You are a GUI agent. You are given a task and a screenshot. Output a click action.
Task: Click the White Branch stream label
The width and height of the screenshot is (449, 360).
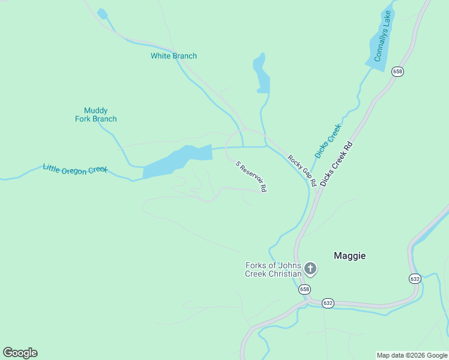click(x=173, y=56)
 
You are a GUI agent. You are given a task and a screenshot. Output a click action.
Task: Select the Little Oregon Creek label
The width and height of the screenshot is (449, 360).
click(x=74, y=169)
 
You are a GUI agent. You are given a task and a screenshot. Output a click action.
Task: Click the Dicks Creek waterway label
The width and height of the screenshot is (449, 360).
click(x=328, y=141)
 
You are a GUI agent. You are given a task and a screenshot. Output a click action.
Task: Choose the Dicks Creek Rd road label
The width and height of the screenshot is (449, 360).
click(x=336, y=163)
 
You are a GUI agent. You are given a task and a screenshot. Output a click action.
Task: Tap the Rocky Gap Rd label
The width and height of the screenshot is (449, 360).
click(x=301, y=170)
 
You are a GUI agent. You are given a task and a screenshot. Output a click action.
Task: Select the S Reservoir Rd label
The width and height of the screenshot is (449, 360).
click(x=251, y=176)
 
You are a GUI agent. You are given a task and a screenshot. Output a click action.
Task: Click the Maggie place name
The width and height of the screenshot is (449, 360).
click(x=349, y=256)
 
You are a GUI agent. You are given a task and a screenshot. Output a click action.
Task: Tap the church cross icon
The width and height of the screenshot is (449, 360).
click(x=310, y=268)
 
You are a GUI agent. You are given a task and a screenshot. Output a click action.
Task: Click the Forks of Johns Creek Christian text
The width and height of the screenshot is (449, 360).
click(x=273, y=269)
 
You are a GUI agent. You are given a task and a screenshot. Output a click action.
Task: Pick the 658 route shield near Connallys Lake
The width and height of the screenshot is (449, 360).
click(x=397, y=71)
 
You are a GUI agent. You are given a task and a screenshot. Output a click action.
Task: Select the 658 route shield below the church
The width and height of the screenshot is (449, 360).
click(x=305, y=289)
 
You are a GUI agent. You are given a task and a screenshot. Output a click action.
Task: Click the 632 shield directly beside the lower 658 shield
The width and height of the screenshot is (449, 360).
click(x=328, y=303)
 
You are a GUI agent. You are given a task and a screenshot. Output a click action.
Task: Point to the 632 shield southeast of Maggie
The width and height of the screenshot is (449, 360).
click(x=415, y=278)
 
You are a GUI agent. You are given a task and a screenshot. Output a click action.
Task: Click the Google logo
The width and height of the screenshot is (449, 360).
click(x=20, y=353)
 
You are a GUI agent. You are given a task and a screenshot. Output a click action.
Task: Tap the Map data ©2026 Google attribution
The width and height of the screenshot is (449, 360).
click(x=412, y=355)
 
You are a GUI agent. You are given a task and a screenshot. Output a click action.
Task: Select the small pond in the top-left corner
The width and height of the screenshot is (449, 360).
click(x=102, y=14)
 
